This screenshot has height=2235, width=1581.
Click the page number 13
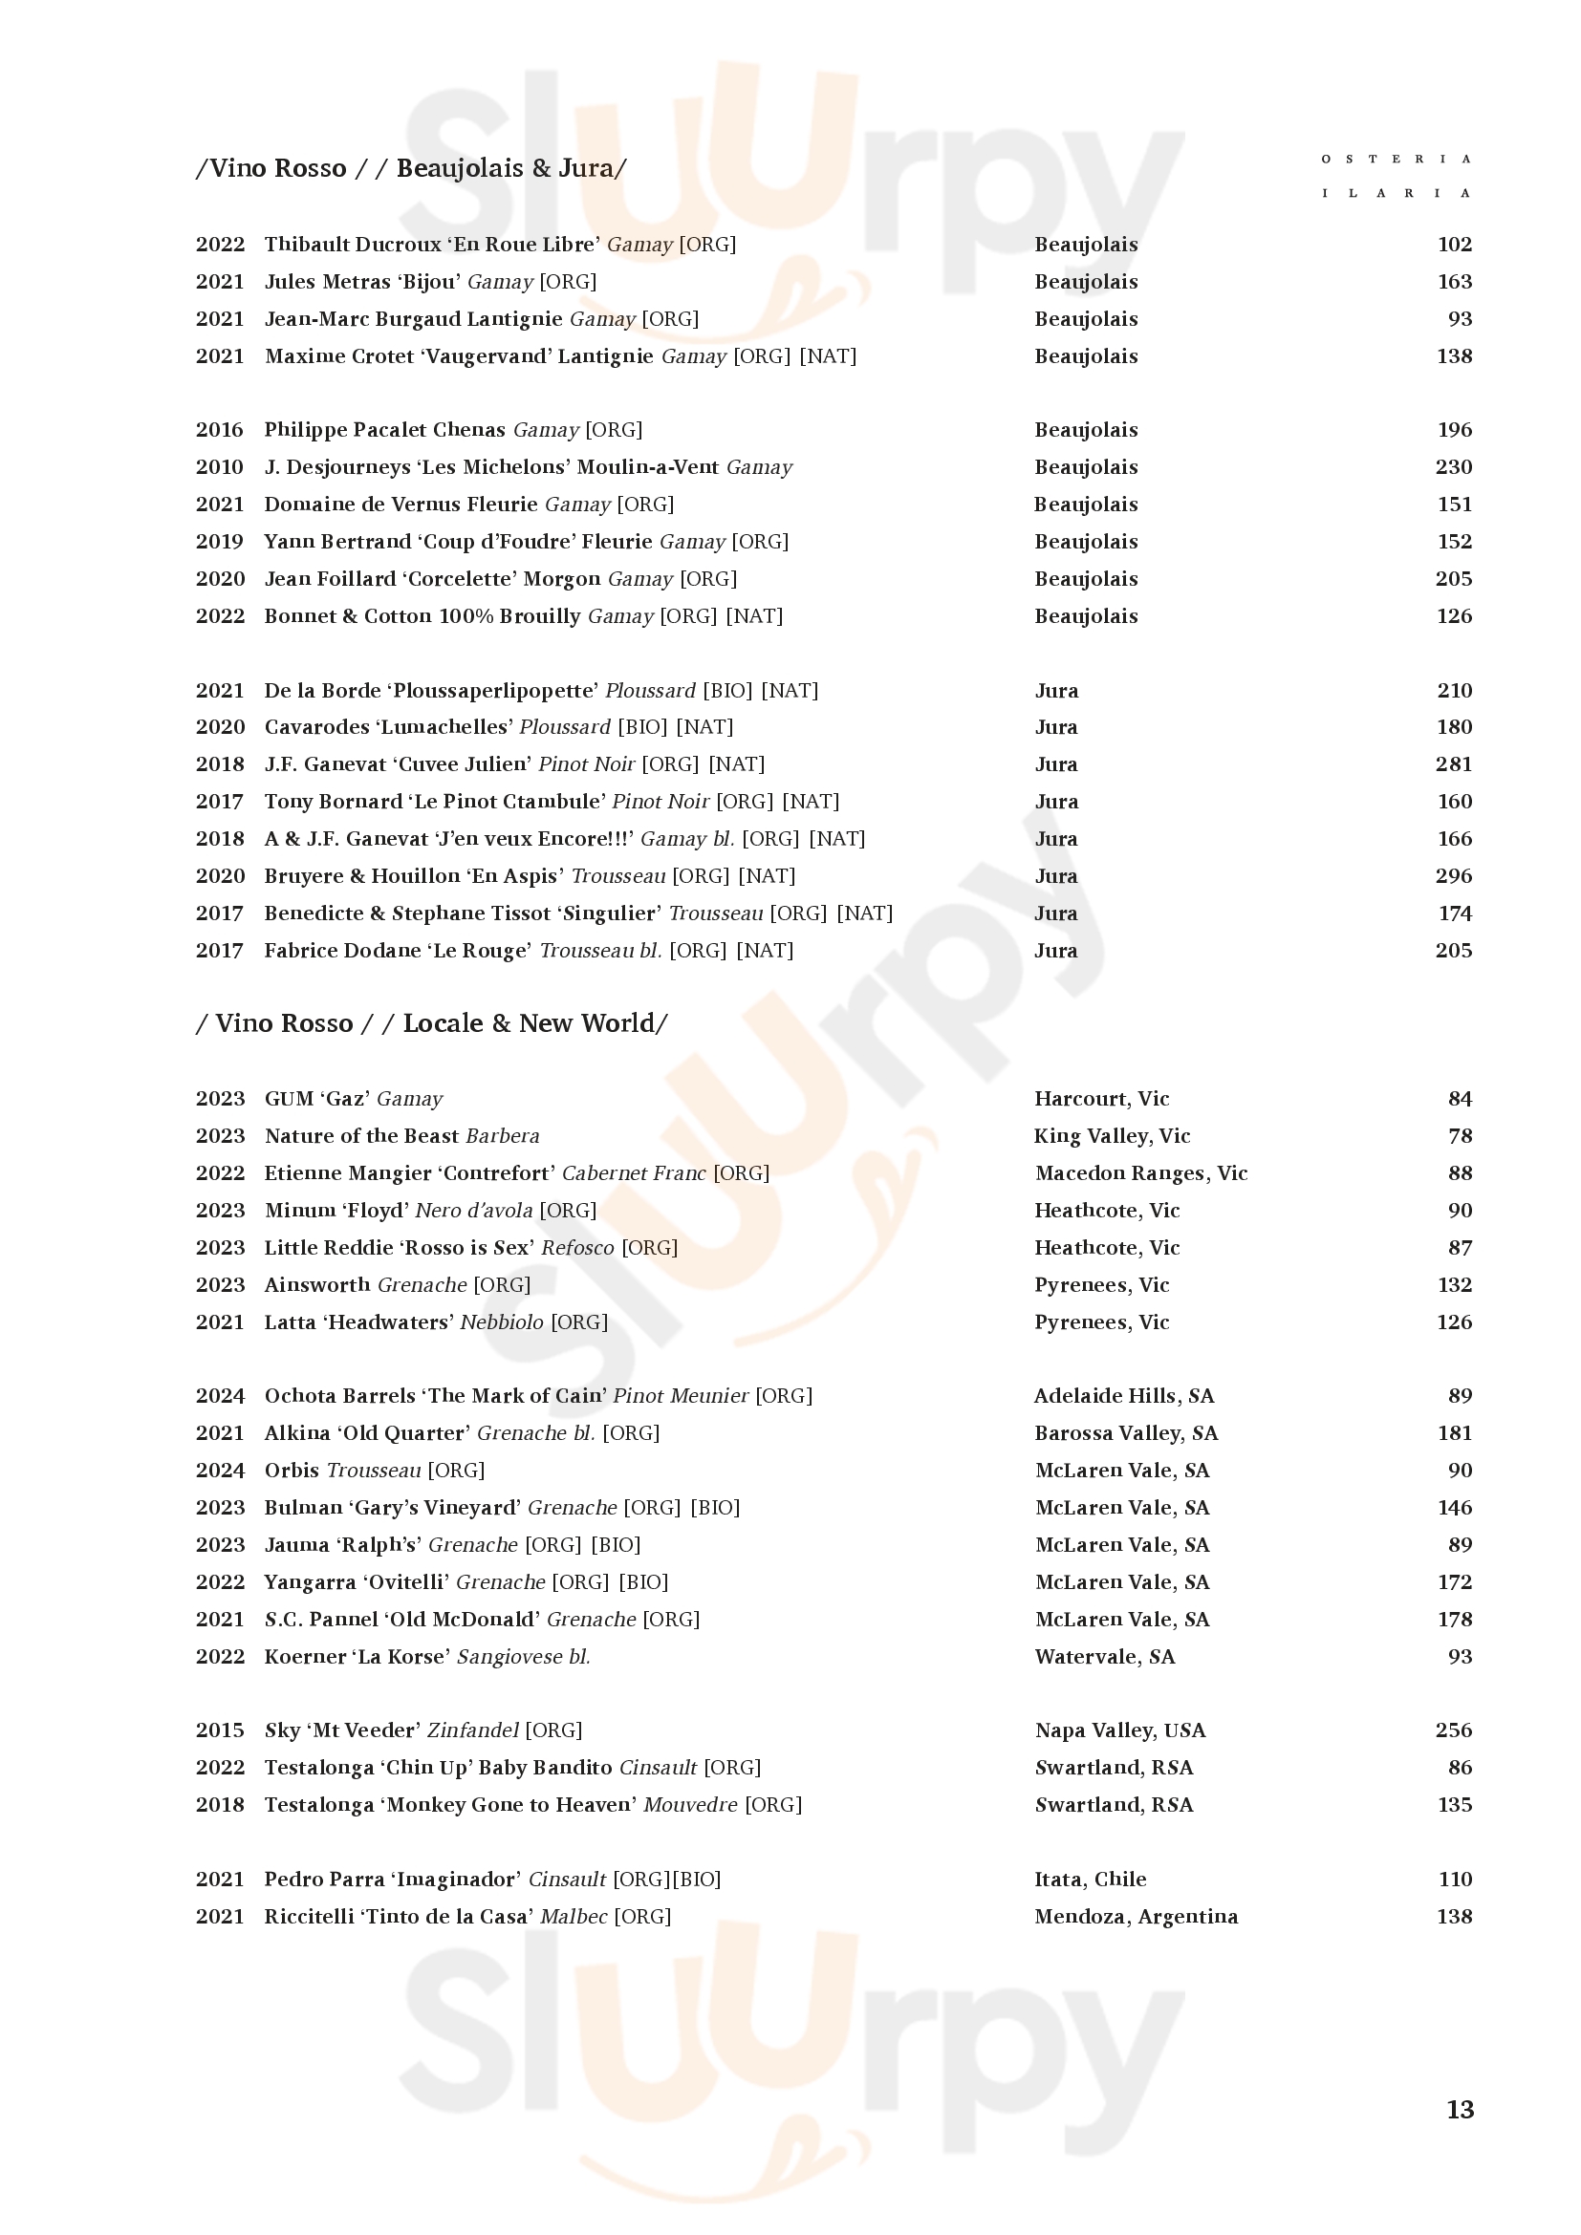(1460, 2110)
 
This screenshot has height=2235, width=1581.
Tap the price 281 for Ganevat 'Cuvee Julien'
(1454, 764)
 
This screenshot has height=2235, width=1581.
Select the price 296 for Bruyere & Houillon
(1454, 876)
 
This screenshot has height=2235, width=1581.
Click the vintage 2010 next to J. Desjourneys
(219, 467)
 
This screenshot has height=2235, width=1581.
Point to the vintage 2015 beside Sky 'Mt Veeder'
(219, 1730)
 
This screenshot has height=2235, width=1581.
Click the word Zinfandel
(472, 1730)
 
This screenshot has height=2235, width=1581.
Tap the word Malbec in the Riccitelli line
(574, 1917)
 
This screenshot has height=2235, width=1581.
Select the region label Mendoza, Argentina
(1137, 1917)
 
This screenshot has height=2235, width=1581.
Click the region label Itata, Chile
(1091, 1879)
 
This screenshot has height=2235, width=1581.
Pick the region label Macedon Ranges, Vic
(1141, 1173)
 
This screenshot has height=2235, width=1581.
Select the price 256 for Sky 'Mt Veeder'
(1454, 1730)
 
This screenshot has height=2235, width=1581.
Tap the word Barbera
(503, 1136)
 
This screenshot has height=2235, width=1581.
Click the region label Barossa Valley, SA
(1126, 1433)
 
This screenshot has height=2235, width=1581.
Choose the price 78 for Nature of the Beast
(1460, 1136)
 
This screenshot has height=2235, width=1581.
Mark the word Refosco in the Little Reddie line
(577, 1248)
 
